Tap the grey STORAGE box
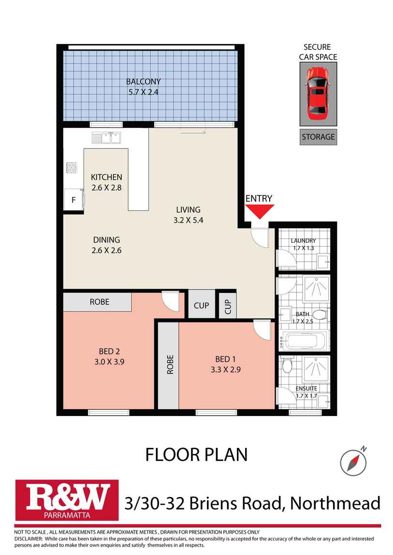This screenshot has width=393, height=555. click(x=318, y=137)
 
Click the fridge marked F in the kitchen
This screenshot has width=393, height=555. click(x=74, y=199)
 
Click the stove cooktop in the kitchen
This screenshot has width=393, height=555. click(x=72, y=167)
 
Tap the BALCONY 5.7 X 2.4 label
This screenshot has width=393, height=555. click(x=143, y=86)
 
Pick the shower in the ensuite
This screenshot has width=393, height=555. click(x=316, y=369)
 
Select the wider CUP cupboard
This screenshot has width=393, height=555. click(x=201, y=305)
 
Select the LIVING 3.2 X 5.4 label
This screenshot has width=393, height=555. click(x=188, y=214)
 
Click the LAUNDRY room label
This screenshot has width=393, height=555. click(x=303, y=241)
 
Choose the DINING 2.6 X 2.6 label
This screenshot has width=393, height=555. click(x=106, y=245)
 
